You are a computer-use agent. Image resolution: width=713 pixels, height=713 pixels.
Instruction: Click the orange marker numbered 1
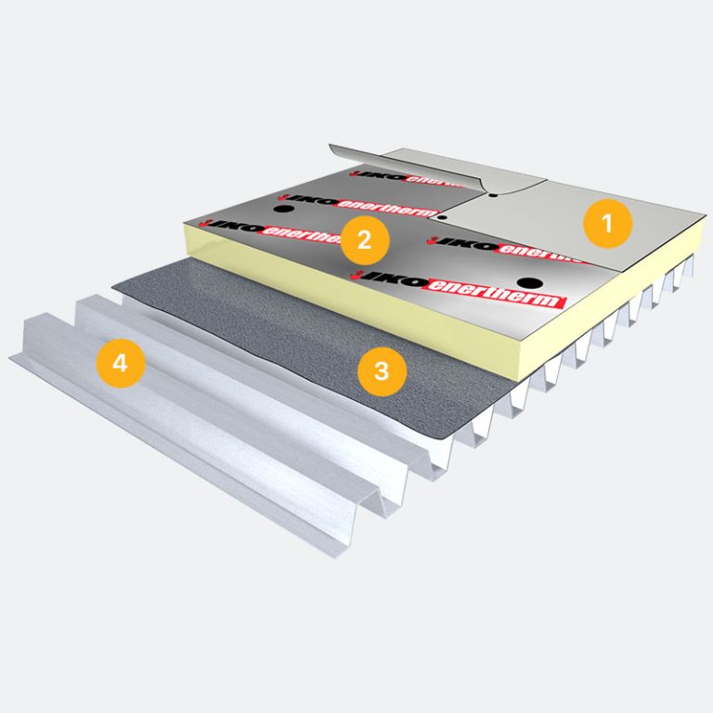point(607,222)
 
